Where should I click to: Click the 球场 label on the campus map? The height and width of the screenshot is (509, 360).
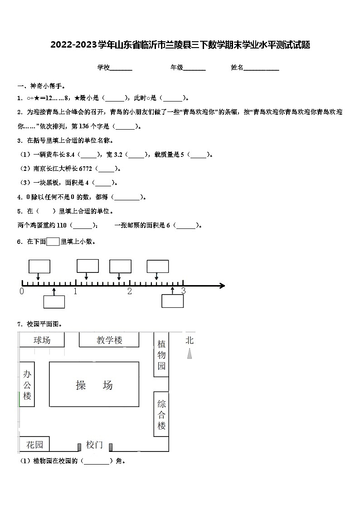(42, 340)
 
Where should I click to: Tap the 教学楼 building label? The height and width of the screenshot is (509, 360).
(109, 340)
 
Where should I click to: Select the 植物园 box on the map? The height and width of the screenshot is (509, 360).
(162, 354)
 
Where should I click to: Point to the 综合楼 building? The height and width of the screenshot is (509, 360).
(162, 414)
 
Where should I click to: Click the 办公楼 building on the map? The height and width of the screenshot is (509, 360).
(27, 384)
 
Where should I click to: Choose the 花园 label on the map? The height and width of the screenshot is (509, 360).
(34, 445)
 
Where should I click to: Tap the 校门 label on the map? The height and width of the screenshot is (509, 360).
(94, 445)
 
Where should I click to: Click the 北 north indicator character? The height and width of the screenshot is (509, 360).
(190, 340)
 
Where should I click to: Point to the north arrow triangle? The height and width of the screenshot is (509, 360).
(190, 354)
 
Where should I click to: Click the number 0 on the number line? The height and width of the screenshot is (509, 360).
(22, 291)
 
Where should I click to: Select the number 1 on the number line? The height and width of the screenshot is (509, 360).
(75, 291)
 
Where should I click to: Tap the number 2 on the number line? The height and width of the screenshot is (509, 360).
(130, 291)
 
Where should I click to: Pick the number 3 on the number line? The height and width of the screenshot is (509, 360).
(183, 291)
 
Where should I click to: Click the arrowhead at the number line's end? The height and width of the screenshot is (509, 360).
(222, 286)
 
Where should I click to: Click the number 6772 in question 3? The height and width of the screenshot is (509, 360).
(86, 169)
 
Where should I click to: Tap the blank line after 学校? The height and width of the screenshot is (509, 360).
(121, 68)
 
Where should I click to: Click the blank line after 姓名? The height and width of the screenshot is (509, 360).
(262, 68)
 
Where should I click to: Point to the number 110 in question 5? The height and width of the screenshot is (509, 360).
(62, 225)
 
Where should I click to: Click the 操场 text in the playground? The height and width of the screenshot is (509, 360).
(94, 385)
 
